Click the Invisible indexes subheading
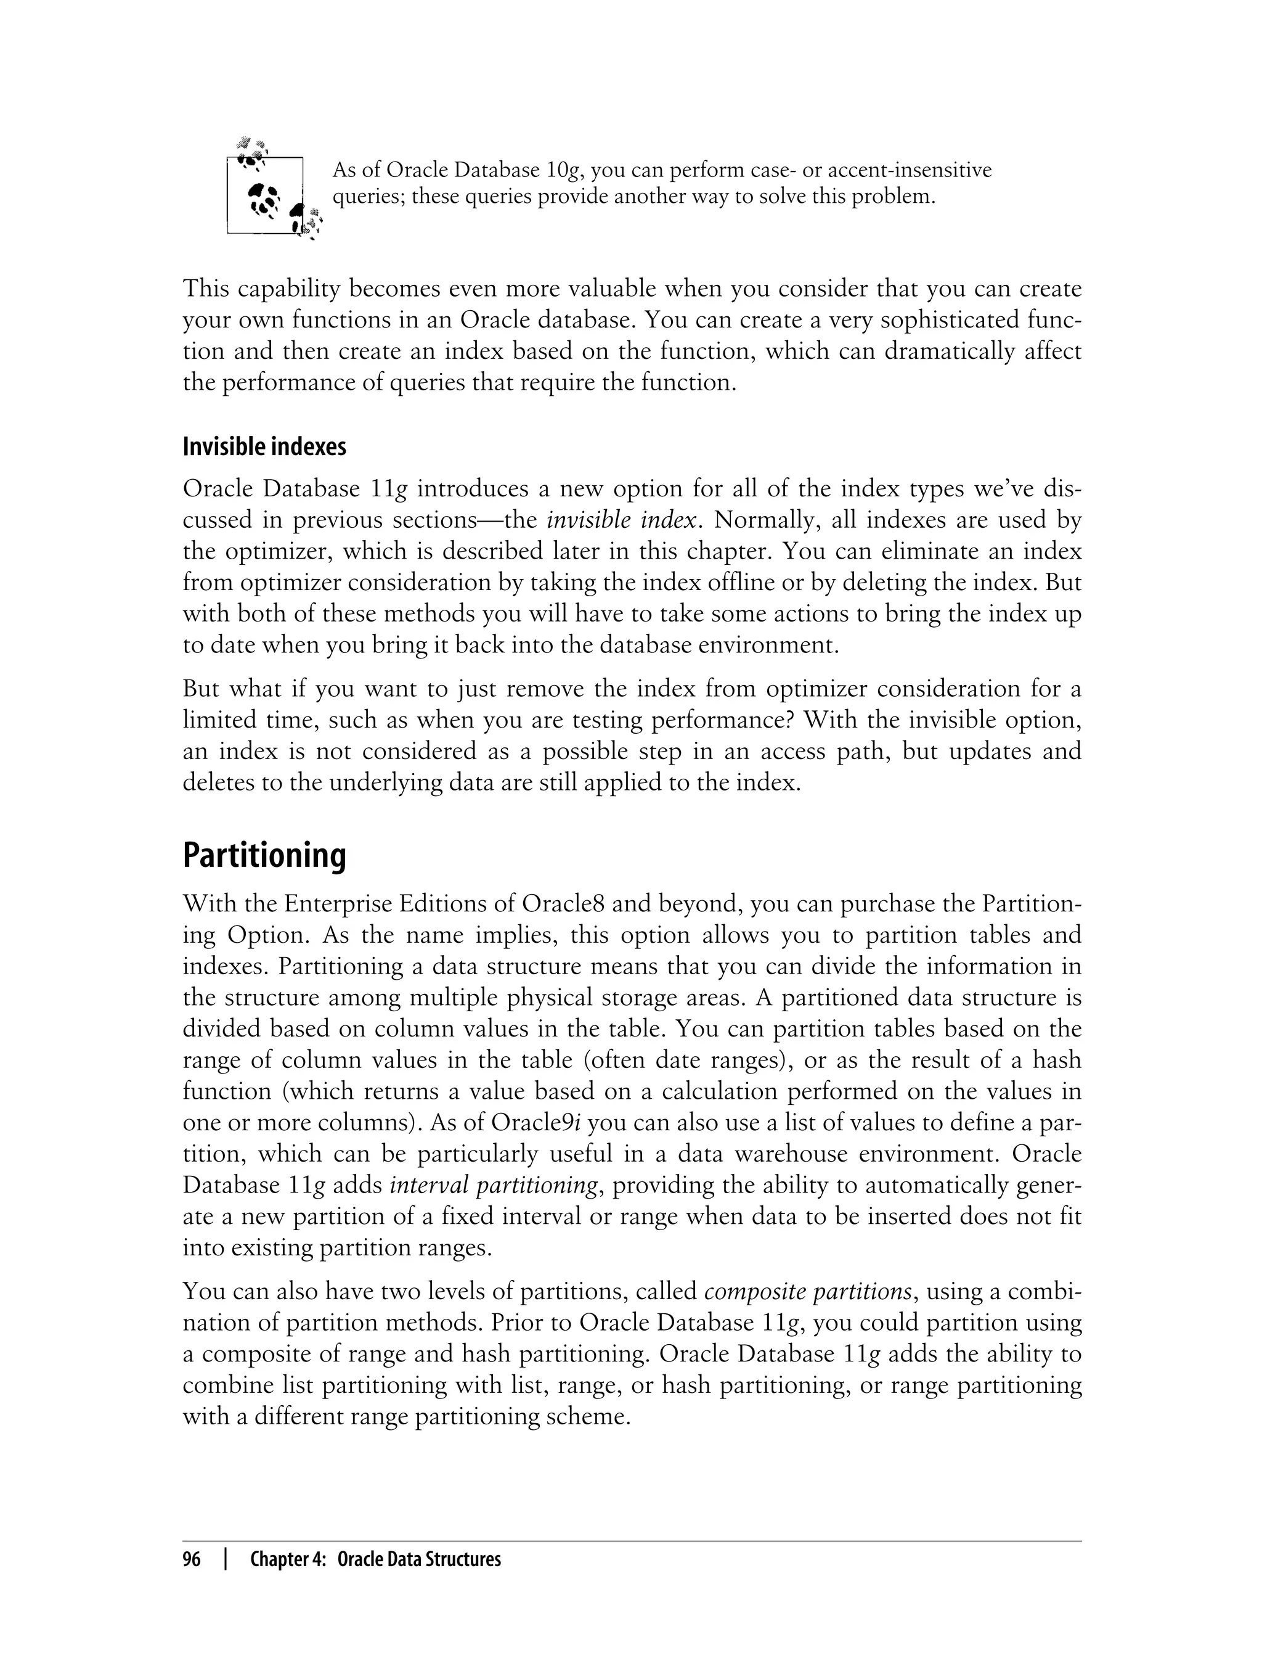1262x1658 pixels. point(264,447)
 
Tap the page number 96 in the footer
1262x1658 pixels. point(192,1559)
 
